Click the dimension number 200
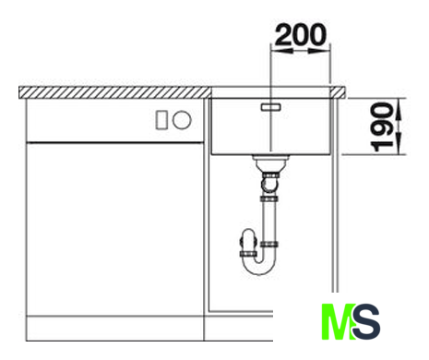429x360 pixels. point(300,34)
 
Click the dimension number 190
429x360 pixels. point(382,127)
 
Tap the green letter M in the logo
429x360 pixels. point(337,321)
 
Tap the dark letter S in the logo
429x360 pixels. point(366,321)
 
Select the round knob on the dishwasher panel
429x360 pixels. point(182,119)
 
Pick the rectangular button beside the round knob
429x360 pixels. point(161,120)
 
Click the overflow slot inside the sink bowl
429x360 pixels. point(271,107)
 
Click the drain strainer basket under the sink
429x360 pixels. point(270,162)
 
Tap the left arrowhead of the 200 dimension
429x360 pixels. point(281,50)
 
